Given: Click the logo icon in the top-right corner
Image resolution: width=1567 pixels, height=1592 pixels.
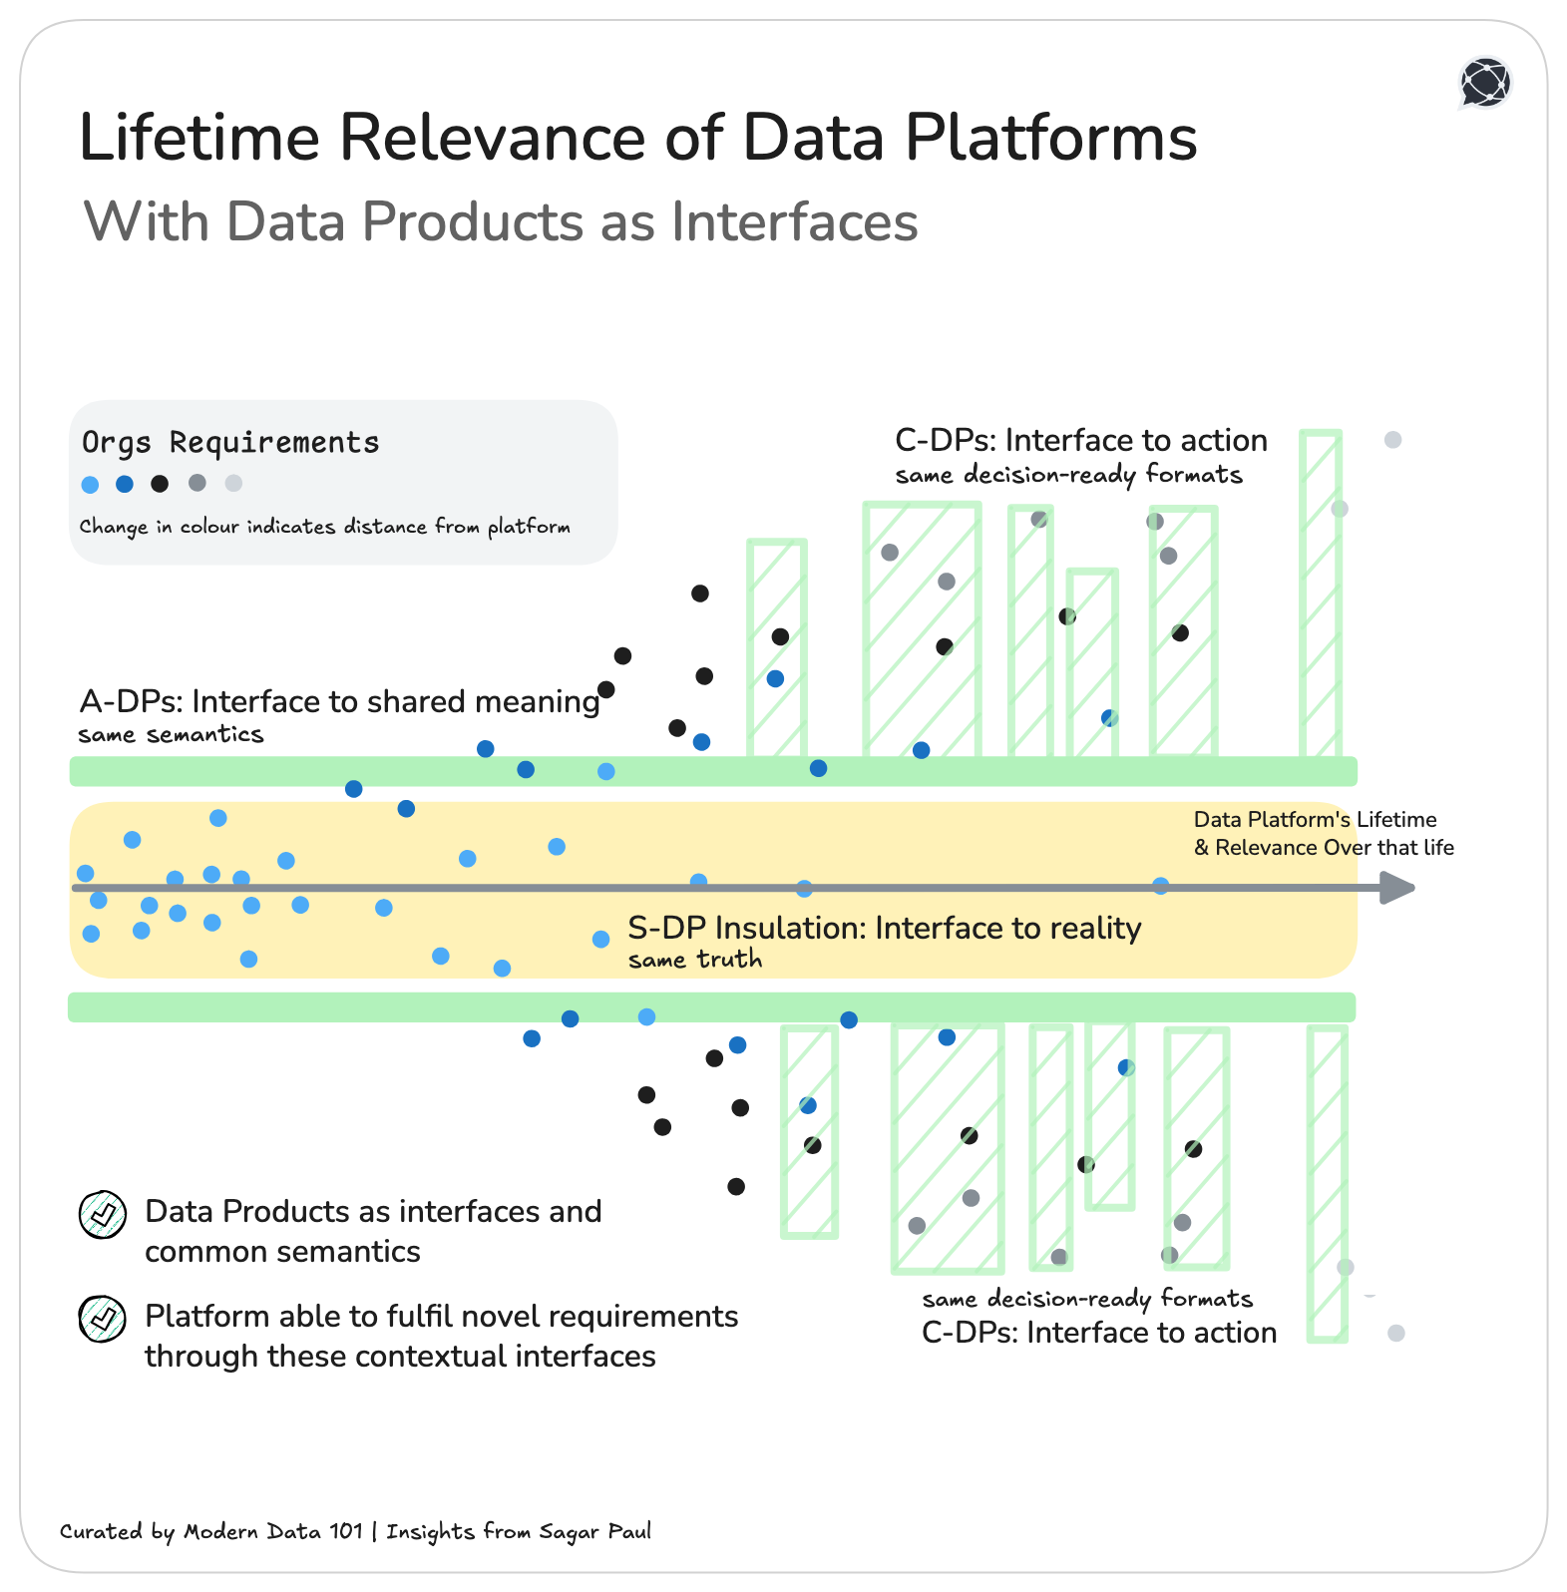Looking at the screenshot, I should [x=1485, y=82].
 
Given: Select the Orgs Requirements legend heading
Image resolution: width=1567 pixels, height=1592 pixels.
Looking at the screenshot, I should [x=230, y=442].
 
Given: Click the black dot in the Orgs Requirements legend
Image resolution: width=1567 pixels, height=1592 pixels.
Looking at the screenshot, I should [x=160, y=484].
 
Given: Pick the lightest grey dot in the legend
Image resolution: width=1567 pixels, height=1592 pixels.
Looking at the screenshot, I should [x=233, y=484].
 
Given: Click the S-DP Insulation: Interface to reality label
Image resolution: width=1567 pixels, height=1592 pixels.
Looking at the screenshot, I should [x=884, y=928].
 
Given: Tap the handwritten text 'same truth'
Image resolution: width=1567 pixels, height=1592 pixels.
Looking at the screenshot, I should [x=695, y=960].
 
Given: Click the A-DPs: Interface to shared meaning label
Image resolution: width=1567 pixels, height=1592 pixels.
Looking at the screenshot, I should [x=339, y=701].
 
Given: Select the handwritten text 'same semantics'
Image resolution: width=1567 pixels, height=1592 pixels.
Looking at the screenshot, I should [x=171, y=735].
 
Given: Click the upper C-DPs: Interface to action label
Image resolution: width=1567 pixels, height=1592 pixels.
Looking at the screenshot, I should [x=1081, y=440].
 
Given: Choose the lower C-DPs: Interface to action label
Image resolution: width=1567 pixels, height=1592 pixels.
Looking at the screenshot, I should [x=1099, y=1333].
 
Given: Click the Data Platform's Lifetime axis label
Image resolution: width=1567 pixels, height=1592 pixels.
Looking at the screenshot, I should [x=1323, y=833].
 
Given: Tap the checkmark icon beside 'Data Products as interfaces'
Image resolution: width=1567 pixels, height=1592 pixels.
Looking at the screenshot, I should [x=103, y=1214].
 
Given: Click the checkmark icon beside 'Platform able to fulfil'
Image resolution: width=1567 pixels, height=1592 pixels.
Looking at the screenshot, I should [x=103, y=1319].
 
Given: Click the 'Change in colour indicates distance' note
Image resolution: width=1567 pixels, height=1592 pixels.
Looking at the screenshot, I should [x=324, y=527].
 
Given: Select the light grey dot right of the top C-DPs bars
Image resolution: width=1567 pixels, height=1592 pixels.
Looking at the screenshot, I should [x=1393, y=440].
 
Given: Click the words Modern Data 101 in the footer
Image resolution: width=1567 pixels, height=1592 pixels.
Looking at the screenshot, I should [x=273, y=1531].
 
